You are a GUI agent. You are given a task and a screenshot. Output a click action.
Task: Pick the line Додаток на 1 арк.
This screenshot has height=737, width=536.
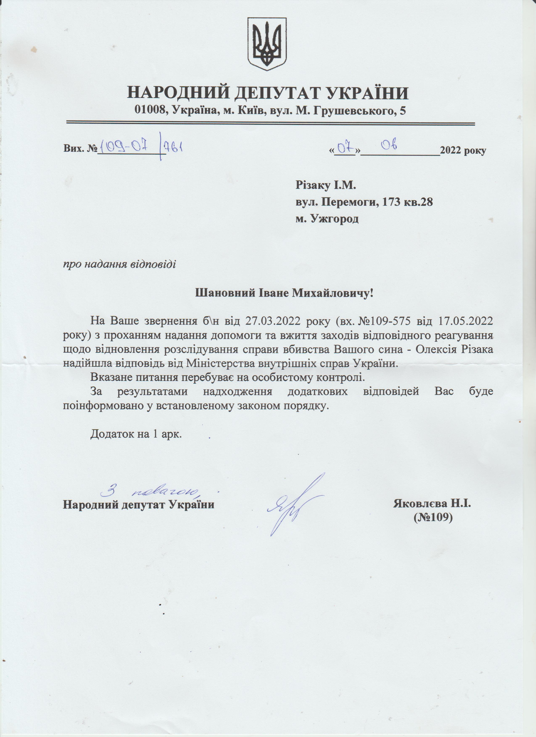point(136,434)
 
